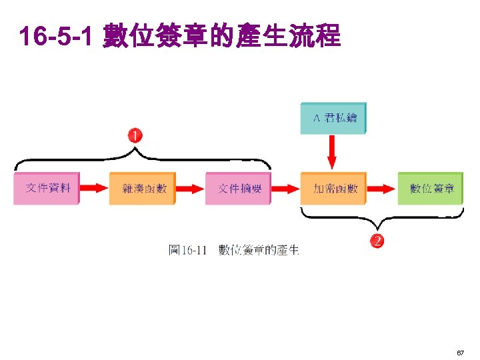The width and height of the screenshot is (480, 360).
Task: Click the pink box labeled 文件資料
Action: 47,188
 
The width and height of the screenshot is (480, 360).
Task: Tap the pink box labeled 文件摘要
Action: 239,188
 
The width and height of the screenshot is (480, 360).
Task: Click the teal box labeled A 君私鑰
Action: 333,118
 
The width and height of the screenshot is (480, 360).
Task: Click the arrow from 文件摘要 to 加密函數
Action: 286,188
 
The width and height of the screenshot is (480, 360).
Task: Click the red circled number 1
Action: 135,135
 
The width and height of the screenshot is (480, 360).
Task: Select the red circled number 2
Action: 378,241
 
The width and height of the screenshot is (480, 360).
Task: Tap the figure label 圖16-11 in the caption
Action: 189,250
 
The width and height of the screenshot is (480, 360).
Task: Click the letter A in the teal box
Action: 317,118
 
